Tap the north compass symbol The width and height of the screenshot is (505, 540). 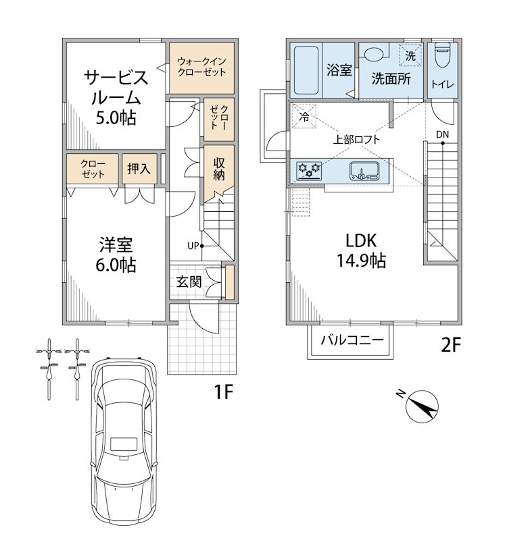421,406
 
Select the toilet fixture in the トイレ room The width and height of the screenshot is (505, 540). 442,55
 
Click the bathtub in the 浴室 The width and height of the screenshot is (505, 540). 306,70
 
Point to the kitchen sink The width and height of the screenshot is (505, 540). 364,171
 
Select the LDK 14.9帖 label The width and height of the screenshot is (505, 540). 361,250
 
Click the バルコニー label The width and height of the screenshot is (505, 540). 352,340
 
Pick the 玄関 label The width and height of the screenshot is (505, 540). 189,281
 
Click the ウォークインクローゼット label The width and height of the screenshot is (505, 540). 201,67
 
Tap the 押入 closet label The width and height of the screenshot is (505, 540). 139,169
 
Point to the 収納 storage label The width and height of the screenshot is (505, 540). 219,169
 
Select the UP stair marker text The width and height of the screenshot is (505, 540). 193,246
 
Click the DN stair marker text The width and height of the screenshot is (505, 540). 442,134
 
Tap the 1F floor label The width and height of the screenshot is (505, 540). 224,391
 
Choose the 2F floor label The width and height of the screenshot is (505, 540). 451,345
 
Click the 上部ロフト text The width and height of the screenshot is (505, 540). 356,140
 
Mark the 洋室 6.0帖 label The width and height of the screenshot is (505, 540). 116,255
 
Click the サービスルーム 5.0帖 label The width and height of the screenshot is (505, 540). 116,98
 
